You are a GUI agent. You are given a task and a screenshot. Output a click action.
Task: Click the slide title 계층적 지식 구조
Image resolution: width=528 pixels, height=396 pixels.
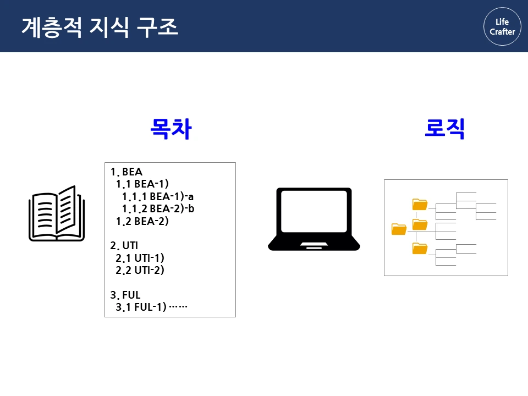click(x=100, y=26)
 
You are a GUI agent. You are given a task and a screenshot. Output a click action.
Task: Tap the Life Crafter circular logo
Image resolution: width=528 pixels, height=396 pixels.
click(x=502, y=26)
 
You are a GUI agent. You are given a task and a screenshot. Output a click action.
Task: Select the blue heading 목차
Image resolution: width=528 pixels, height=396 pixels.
click(x=171, y=129)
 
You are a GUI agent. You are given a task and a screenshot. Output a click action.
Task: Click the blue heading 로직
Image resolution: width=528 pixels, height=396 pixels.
click(x=445, y=129)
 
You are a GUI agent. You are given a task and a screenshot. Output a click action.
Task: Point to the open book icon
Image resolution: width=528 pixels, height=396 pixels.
click(x=57, y=213)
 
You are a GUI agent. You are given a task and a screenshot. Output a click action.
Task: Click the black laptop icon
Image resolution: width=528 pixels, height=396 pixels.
click(x=314, y=219)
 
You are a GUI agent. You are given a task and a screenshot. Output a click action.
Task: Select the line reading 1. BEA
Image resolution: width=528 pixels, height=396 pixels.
click(x=127, y=172)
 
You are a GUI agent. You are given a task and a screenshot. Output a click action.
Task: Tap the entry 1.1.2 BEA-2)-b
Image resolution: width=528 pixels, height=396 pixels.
click(x=158, y=209)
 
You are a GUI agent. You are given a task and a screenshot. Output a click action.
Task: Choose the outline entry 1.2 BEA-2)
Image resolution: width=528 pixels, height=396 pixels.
click(x=142, y=222)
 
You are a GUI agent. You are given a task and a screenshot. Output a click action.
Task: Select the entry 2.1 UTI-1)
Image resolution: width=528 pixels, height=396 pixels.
click(x=140, y=258)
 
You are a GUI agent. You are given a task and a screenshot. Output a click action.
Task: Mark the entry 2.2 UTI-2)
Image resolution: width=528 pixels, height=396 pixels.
click(x=140, y=270)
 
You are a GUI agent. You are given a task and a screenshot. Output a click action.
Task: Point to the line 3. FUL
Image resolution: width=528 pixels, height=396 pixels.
click(x=125, y=295)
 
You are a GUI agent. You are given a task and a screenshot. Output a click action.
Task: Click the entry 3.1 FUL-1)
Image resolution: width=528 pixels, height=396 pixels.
click(x=141, y=307)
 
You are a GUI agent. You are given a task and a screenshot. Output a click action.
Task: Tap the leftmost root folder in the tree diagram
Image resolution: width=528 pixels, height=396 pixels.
click(x=399, y=229)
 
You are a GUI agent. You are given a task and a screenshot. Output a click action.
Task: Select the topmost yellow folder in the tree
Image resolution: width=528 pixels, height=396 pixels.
click(x=420, y=205)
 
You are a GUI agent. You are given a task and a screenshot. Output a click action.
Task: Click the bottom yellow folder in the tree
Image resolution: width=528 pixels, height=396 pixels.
click(x=420, y=249)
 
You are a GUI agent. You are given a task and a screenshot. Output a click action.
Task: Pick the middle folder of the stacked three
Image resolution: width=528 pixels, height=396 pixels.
click(x=420, y=224)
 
